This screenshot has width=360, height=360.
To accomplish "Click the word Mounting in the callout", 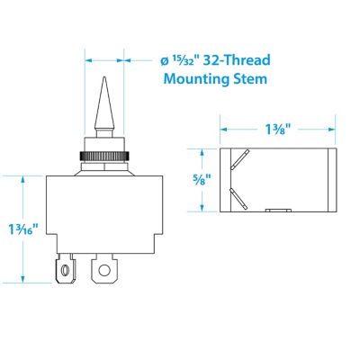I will tap(198, 79).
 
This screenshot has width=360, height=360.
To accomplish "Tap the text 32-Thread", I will tap(236, 61).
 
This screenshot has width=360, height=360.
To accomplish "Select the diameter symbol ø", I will tap(163, 62).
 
